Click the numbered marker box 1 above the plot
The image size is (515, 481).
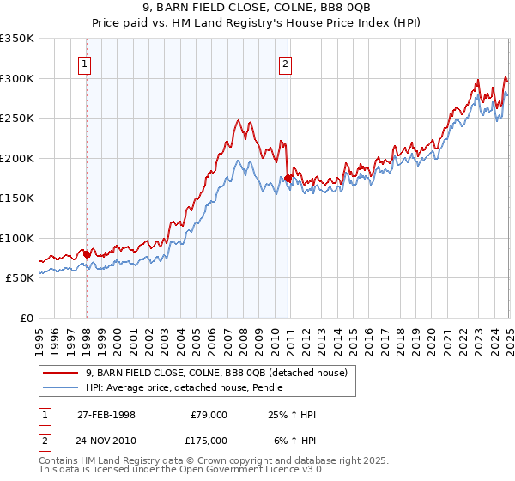click(x=87, y=63)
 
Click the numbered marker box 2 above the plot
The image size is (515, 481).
click(x=285, y=63)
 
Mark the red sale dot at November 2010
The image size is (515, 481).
click(x=288, y=178)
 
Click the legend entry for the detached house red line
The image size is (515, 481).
click(x=215, y=373)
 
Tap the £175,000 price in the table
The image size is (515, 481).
click(x=209, y=441)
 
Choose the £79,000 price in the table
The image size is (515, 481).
click(x=209, y=415)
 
